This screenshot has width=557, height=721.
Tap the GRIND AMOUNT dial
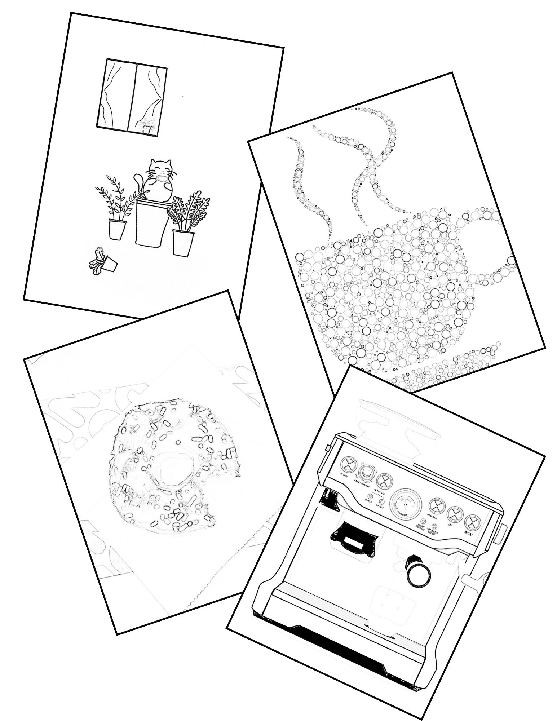(366, 473)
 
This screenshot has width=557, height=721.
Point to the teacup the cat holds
(161, 179)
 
